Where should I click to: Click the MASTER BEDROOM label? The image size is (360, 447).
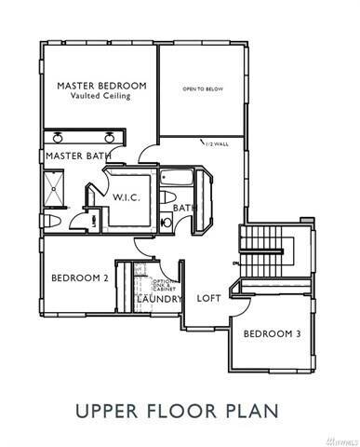click(99, 86)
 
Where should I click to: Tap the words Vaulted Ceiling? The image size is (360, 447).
click(99, 96)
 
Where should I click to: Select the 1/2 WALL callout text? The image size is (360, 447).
click(215, 143)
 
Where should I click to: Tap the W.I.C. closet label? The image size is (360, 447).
click(126, 198)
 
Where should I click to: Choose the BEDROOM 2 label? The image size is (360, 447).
click(79, 278)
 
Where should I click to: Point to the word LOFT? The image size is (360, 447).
click(207, 299)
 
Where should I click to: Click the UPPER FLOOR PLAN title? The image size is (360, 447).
click(179, 409)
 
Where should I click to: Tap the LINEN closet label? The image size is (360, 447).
click(95, 220)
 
